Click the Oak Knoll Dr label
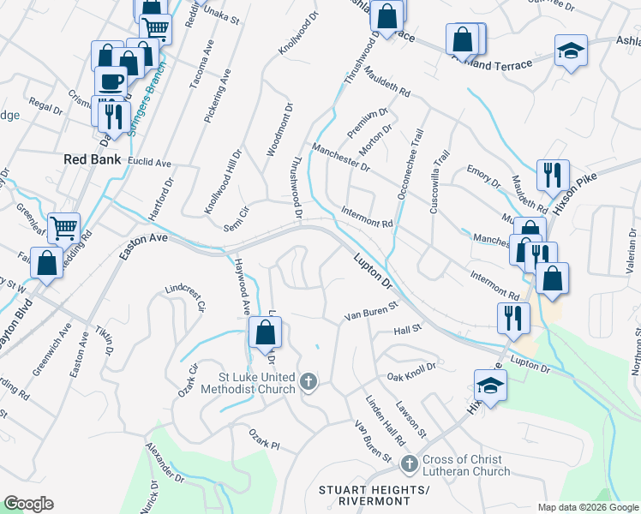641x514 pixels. click(x=411, y=371)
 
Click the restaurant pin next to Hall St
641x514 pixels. click(x=513, y=317)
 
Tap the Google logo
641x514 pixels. click(x=28, y=504)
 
